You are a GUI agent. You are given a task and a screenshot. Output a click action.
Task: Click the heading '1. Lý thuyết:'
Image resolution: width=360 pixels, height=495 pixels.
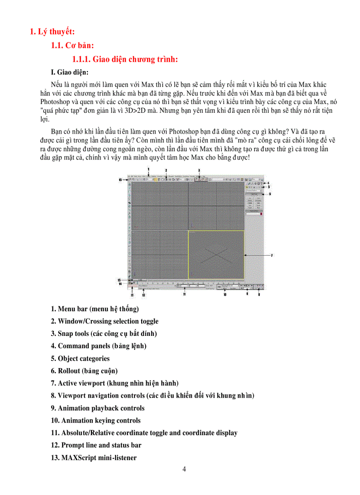coord(52,31)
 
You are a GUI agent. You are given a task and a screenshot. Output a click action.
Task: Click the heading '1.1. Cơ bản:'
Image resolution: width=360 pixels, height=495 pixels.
coord(72,45)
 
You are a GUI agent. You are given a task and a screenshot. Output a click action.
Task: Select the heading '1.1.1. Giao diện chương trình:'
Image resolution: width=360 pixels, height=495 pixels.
coord(125,60)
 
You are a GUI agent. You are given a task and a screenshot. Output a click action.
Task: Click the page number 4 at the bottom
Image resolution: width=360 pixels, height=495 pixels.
coord(184,469)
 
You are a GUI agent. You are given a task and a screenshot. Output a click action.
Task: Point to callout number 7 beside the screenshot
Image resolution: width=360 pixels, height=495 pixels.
coord(271,255)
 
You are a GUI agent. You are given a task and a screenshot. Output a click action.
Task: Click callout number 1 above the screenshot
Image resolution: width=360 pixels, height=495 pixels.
coord(149,169)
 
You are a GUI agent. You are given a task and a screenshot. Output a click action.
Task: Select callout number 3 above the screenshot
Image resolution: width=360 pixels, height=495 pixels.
coord(199,170)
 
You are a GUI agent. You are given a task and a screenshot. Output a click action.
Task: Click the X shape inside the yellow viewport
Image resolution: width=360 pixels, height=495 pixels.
coord(216,256)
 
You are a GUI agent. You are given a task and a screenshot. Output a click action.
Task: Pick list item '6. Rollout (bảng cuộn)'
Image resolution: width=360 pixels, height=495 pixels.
coord(84,371)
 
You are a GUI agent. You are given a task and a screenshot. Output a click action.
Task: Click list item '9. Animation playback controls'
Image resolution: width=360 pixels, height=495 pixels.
coord(97,408)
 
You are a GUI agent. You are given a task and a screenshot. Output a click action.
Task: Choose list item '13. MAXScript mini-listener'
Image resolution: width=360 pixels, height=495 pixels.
coord(94,458)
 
